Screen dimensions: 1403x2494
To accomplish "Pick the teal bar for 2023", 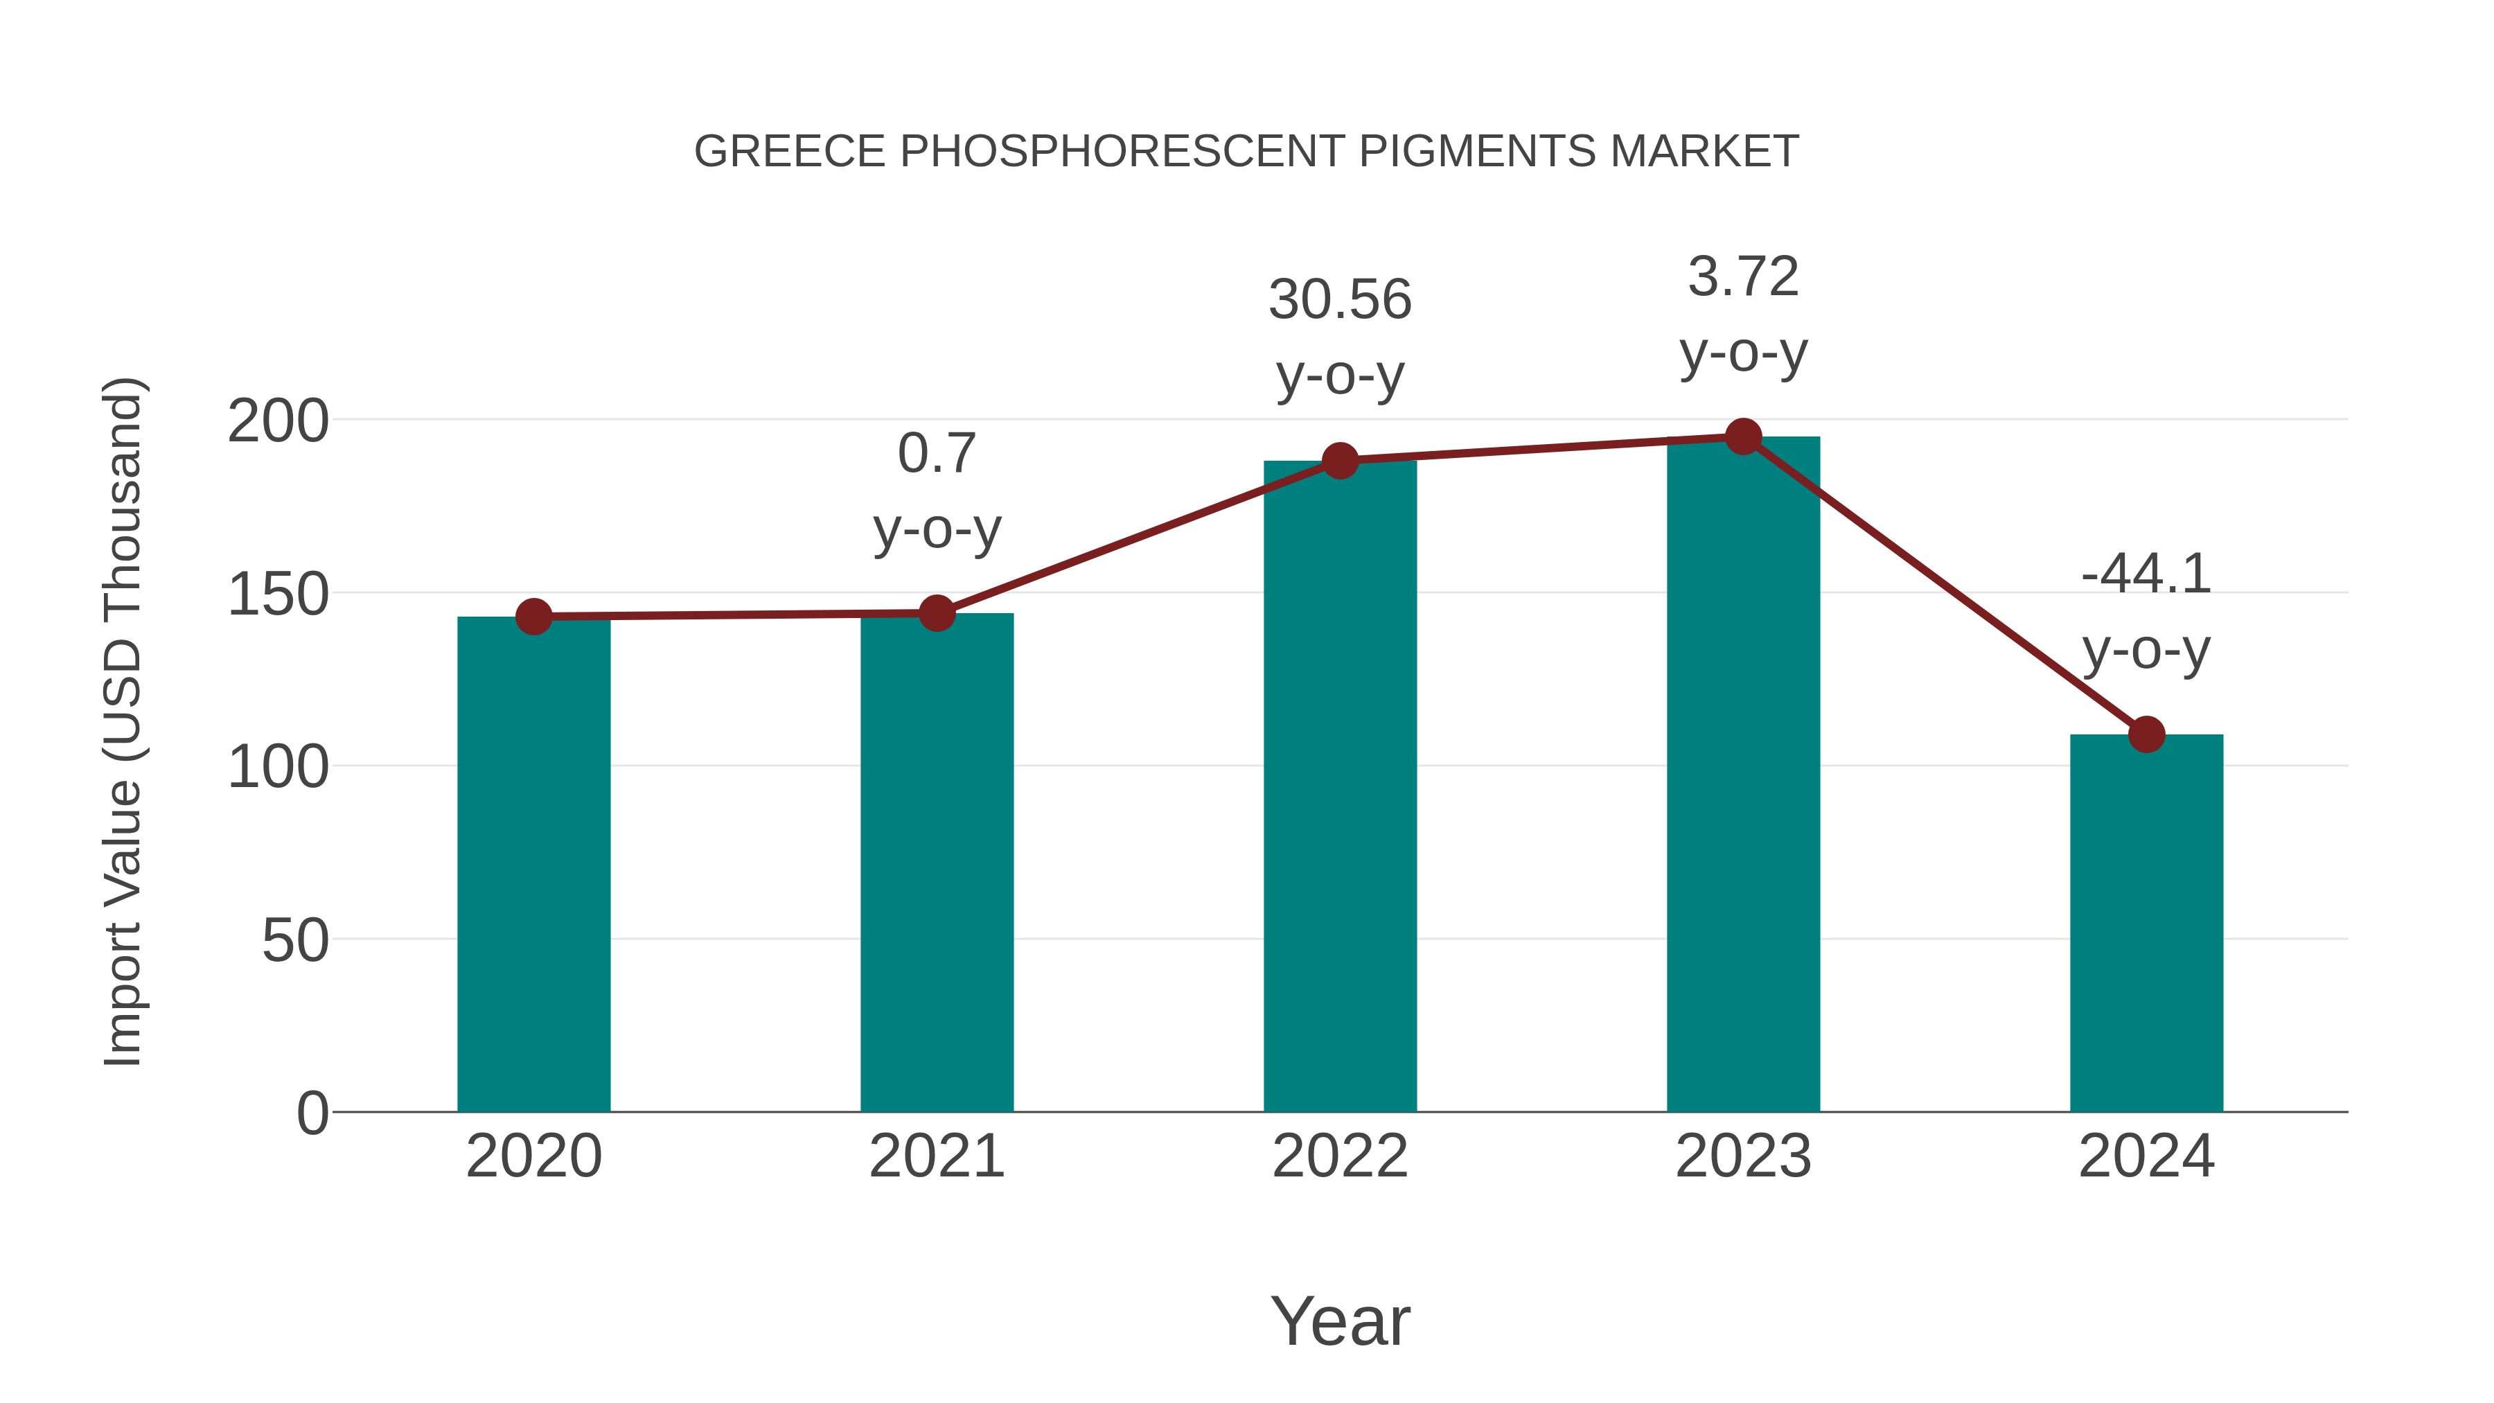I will [1743, 774].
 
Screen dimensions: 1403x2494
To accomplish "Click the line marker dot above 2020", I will [533, 617].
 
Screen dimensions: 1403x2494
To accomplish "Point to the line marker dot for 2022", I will [1340, 461].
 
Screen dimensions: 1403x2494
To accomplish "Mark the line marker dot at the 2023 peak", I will [1743, 436].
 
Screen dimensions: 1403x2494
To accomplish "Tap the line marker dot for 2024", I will [2146, 735].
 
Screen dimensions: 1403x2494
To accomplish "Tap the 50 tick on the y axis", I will [295, 940].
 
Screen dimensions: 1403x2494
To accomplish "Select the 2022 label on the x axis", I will [1340, 1156].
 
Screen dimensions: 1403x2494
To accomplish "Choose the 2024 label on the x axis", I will [2146, 1156].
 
